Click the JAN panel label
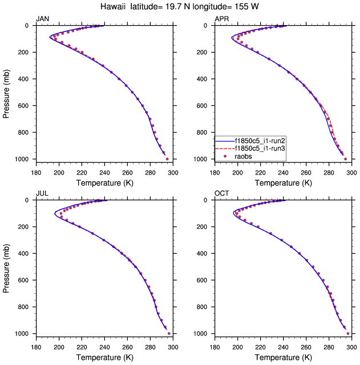click(42, 19)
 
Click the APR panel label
click(221, 19)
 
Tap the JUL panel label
click(42, 194)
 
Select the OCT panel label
click(222, 194)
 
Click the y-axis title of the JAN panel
click(6, 92)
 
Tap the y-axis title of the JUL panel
click(6, 266)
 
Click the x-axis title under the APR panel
click(283, 183)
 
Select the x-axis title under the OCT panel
click(283, 358)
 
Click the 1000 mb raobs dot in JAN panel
click(167, 159)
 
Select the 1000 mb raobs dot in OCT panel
click(348, 334)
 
